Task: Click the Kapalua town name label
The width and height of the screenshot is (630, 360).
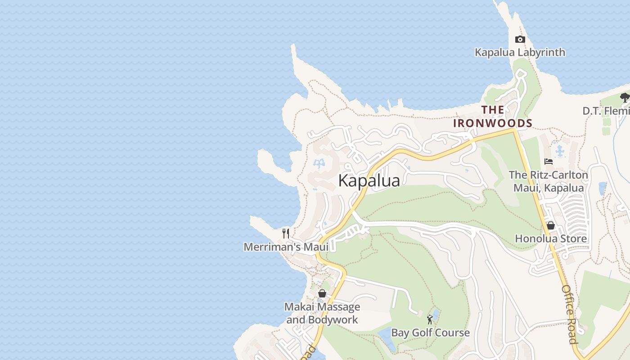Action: [369, 180]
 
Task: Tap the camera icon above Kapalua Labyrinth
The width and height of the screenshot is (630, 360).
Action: [520, 40]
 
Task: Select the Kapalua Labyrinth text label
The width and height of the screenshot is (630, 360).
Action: [520, 52]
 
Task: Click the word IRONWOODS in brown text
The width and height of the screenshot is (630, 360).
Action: [492, 123]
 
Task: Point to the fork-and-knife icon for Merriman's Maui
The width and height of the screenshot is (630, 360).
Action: [285, 233]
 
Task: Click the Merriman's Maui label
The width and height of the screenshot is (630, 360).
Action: [286, 247]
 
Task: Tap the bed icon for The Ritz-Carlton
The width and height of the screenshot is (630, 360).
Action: [548, 162]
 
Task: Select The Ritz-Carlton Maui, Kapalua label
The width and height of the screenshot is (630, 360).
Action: [548, 181]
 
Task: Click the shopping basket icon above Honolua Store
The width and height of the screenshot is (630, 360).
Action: [550, 225]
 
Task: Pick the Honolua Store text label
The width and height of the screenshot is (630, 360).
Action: [551, 238]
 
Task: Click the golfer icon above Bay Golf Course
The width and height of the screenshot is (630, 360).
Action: [430, 319]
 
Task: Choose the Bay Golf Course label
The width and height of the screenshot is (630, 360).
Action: [430, 333]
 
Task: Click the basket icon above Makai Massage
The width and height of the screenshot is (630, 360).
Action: [322, 293]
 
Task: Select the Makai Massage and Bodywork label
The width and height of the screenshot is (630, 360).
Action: [322, 313]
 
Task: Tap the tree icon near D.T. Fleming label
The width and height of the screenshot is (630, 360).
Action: [625, 97]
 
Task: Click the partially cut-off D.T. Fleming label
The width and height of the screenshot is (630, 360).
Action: [606, 111]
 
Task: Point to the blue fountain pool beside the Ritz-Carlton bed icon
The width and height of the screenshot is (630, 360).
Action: [560, 151]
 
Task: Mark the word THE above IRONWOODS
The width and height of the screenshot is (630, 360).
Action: [493, 109]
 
